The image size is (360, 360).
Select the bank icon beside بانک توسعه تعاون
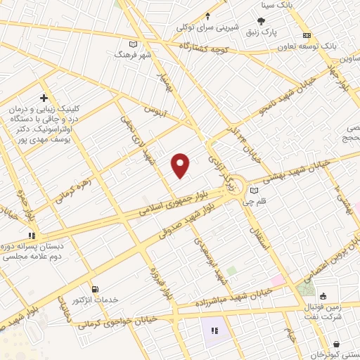point(307,35)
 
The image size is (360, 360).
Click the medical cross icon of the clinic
point(44,98)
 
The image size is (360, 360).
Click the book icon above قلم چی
point(254,191)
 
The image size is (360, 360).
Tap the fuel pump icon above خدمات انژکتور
point(96,289)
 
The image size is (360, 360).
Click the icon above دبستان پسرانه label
point(30,236)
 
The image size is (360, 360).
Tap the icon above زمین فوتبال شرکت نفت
point(322,296)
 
